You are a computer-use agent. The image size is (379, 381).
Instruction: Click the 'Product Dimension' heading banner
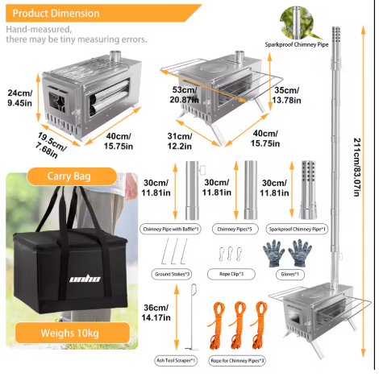coord(102,13)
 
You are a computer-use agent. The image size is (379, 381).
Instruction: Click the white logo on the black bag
coord(85,280)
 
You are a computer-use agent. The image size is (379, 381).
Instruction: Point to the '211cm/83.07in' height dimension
coord(357,168)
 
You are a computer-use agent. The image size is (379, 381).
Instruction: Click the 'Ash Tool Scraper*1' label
coord(176,360)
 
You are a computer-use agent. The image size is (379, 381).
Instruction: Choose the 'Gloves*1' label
coord(290,275)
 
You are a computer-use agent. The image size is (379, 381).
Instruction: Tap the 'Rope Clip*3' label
coord(231,274)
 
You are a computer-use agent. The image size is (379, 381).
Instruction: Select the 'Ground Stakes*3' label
coord(172,275)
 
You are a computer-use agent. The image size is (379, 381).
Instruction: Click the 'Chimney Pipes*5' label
coord(235,229)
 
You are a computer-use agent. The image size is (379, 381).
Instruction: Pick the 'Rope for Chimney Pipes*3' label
coord(237,361)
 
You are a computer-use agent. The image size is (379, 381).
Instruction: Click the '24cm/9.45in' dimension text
coord(20,98)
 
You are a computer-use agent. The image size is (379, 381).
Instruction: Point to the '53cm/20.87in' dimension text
coord(184,95)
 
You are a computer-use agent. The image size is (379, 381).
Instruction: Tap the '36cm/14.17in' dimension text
coord(156,313)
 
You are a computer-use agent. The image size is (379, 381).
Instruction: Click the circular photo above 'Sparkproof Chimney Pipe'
coord(297,23)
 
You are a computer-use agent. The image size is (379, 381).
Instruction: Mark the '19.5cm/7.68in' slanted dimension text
coord(51,145)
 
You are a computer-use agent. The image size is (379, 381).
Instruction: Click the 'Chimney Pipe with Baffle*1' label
coord(170,229)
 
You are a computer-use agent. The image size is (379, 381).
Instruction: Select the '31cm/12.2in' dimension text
coord(180,141)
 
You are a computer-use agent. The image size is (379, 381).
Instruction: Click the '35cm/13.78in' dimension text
coord(286,95)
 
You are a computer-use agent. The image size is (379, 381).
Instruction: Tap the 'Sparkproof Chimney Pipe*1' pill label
coord(297,230)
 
